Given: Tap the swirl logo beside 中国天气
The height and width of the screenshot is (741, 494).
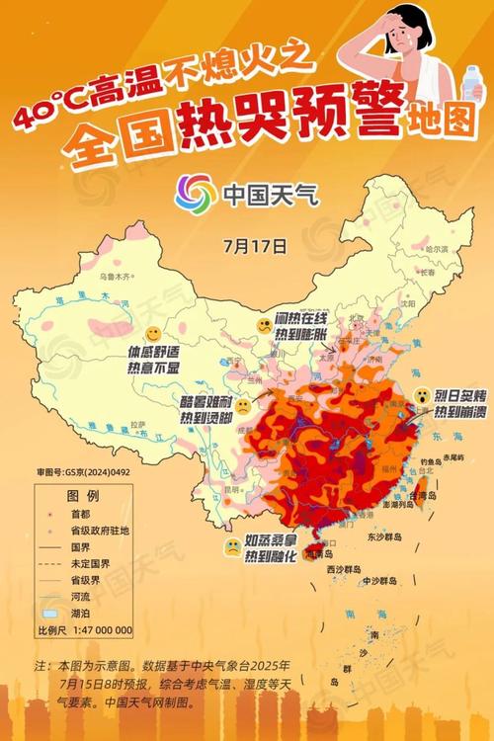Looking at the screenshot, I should [195, 193].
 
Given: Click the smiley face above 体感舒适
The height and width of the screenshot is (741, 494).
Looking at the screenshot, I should [154, 334].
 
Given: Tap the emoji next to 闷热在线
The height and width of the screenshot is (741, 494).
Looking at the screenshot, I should [264, 325].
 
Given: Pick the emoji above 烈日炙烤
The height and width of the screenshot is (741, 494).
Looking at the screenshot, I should [422, 395].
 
